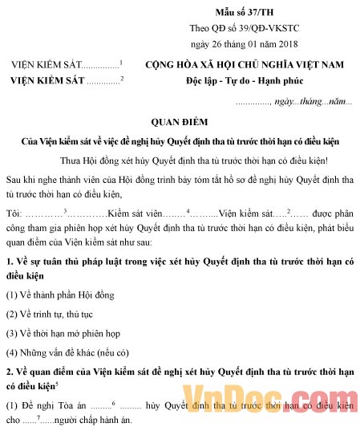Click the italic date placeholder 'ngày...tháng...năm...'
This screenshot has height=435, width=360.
tap(313, 102)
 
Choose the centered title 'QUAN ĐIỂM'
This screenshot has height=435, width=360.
tap(180, 121)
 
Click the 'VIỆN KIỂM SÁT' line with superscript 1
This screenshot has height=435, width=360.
tap(48, 65)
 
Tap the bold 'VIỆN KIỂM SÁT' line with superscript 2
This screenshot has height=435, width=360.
tap(48, 80)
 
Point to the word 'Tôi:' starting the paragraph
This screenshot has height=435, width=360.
tap(14, 213)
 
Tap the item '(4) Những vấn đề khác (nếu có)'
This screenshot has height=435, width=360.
tap(67, 351)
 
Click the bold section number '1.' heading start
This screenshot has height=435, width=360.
tap(9, 262)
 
